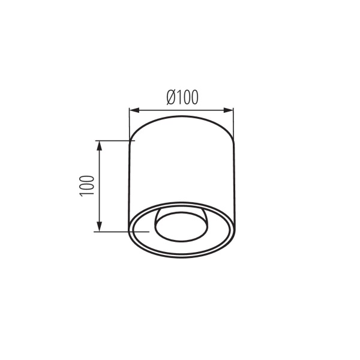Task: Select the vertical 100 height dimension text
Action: [x=86, y=185]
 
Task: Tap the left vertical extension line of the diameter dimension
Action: [x=130, y=123]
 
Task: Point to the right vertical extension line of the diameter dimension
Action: [x=233, y=123]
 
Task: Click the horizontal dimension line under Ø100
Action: [x=182, y=110]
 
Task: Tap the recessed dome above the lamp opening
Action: [x=182, y=214]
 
